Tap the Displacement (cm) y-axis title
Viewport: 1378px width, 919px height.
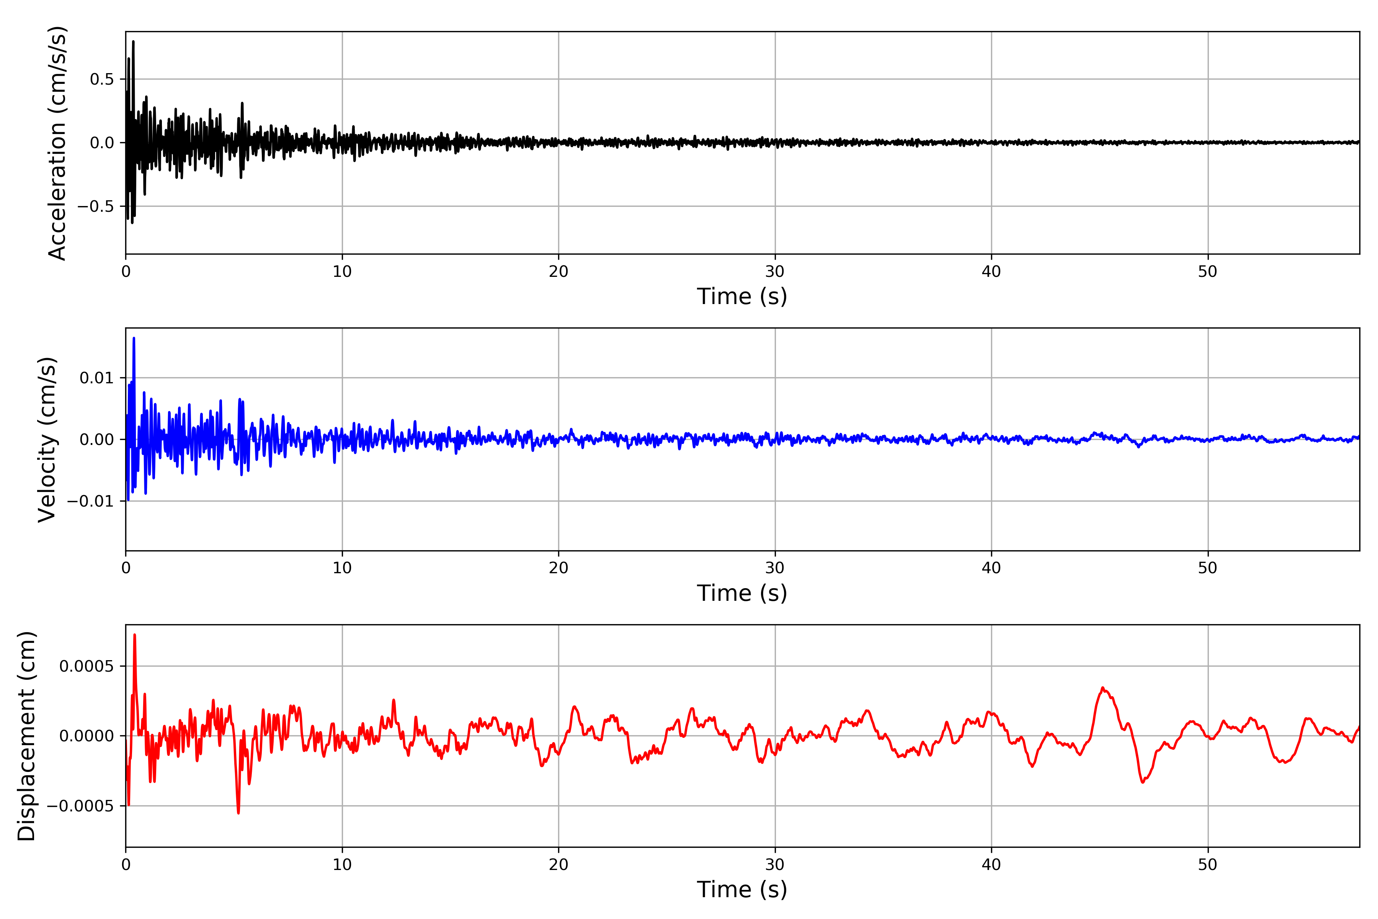pyautogui.click(x=27, y=736)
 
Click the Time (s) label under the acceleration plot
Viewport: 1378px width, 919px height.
pyautogui.click(x=742, y=296)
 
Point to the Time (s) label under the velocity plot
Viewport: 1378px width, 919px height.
pyautogui.click(x=742, y=593)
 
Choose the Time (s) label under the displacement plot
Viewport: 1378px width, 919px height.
pyautogui.click(x=742, y=890)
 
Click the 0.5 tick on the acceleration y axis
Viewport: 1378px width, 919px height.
pyautogui.click(x=101, y=79)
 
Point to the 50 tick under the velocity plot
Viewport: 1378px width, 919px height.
pyautogui.click(x=1208, y=568)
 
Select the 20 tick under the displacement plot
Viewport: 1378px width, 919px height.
pyautogui.click(x=558, y=865)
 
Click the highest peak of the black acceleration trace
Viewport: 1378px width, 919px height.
pyautogui.click(x=133, y=42)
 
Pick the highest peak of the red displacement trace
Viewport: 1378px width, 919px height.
pyautogui.click(x=135, y=635)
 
